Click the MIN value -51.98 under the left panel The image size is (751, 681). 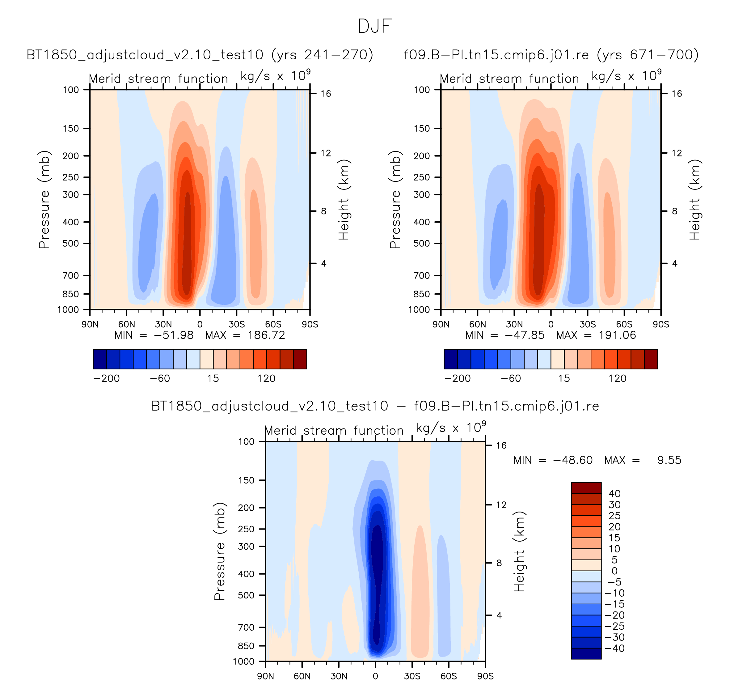[x=174, y=335]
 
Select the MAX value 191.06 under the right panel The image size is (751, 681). [x=617, y=335]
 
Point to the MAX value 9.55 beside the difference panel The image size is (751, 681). [x=669, y=460]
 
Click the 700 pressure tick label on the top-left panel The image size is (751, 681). [x=71, y=275]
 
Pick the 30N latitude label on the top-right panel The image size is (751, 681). [x=514, y=324]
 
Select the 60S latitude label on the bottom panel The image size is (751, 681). [x=449, y=676]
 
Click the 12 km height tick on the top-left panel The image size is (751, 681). [x=326, y=153]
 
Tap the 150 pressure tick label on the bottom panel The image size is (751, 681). [x=246, y=480]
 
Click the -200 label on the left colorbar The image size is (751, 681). [x=107, y=378]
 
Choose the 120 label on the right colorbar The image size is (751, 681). [x=617, y=378]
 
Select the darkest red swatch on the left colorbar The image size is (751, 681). [x=300, y=359]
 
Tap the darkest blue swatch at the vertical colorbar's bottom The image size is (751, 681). [x=586, y=653]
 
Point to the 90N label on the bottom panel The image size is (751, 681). [x=265, y=676]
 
